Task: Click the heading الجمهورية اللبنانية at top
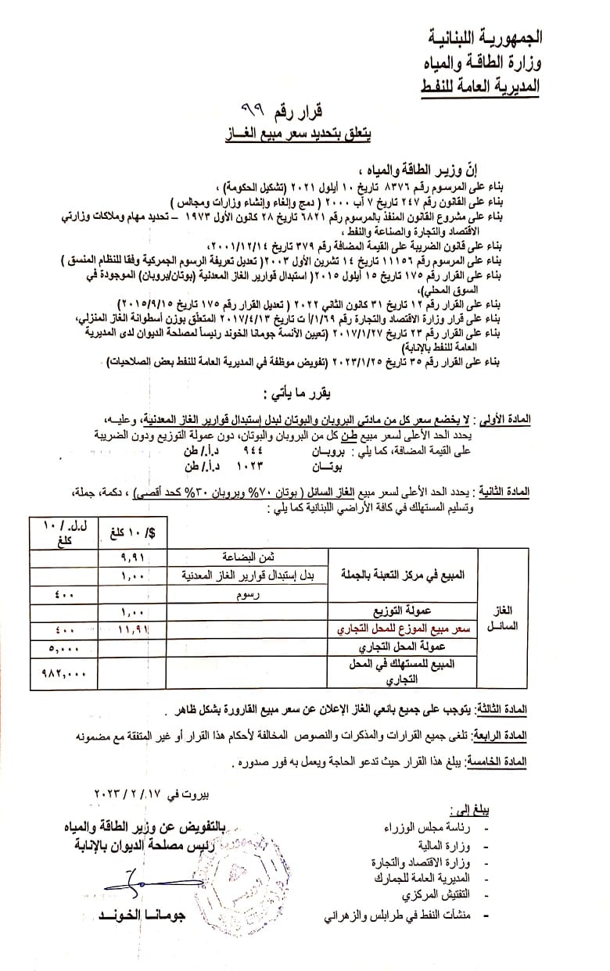click(486, 37)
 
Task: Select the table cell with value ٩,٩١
click(133, 558)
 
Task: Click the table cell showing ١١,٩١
click(133, 628)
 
